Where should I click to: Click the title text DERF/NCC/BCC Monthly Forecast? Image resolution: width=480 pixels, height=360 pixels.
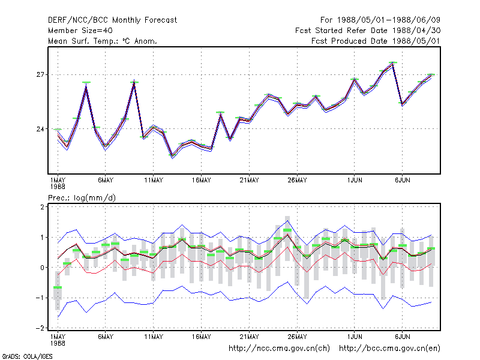[112, 20]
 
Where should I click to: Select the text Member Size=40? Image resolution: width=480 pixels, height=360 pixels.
[80, 31]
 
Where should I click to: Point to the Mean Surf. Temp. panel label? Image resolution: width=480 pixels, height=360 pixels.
[103, 41]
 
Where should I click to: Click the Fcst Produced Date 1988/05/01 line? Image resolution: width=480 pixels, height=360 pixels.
[376, 41]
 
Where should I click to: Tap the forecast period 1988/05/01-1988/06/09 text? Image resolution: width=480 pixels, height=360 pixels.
[380, 20]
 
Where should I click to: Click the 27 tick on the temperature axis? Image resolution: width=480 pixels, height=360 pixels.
[40, 74]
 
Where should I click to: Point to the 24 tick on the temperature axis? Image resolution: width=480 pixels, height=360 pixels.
[40, 129]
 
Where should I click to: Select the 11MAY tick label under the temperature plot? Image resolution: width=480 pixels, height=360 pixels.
[154, 181]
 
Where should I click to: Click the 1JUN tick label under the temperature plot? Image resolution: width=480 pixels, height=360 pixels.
[355, 181]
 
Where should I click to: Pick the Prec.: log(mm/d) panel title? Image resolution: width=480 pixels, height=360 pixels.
[82, 198]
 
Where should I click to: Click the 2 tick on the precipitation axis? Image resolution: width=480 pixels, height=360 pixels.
[42, 207]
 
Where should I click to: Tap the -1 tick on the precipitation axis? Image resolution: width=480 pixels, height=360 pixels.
[40, 298]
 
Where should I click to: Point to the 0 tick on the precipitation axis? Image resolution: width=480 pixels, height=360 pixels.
[42, 268]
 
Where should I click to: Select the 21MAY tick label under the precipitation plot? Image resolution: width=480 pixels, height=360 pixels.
[249, 337]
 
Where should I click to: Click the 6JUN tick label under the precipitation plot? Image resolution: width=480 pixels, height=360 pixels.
[402, 337]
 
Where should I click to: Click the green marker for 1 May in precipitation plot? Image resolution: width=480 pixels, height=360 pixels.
[58, 287]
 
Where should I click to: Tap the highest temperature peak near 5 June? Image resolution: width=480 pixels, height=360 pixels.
[393, 63]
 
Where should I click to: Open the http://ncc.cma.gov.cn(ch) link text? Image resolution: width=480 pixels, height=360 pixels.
[279, 349]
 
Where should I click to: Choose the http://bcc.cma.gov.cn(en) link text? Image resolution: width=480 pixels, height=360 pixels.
[389, 349]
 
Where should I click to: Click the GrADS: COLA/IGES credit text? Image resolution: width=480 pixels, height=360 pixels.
[27, 356]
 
